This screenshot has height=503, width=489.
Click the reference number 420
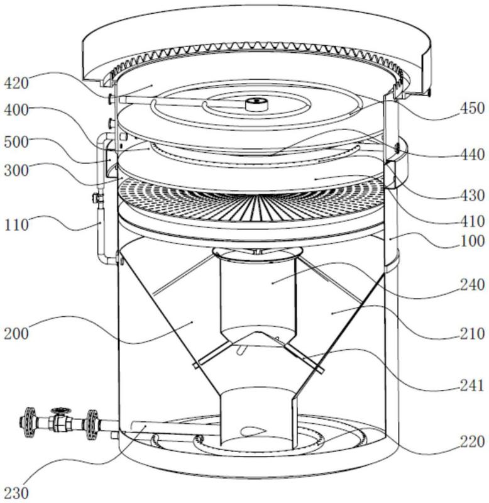coord(16,84)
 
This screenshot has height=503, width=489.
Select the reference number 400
coord(16,111)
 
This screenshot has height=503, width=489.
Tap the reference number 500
coord(16,142)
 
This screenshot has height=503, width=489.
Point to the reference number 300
coord(16,170)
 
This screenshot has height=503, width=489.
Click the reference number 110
coord(16,225)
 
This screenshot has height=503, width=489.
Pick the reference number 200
coord(16,334)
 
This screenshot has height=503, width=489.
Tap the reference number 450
coord(472,108)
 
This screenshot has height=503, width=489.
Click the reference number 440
coord(472,155)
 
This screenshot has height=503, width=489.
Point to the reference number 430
coord(472,196)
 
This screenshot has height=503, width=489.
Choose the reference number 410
coord(472,221)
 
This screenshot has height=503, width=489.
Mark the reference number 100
coord(472,241)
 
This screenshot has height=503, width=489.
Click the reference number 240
coord(472,285)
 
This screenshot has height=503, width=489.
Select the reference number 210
coord(472,334)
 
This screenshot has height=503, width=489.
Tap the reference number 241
coord(472,385)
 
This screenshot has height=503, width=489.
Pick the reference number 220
coord(472,442)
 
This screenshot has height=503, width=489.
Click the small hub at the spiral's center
coord(256,104)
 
